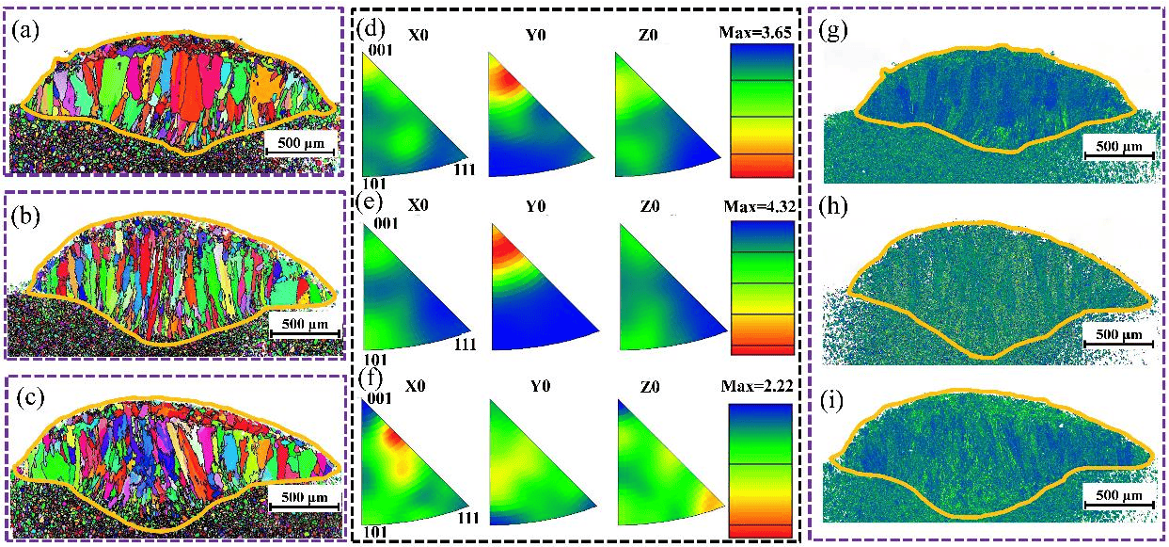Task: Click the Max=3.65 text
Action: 756,34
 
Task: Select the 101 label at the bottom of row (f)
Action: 376,532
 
